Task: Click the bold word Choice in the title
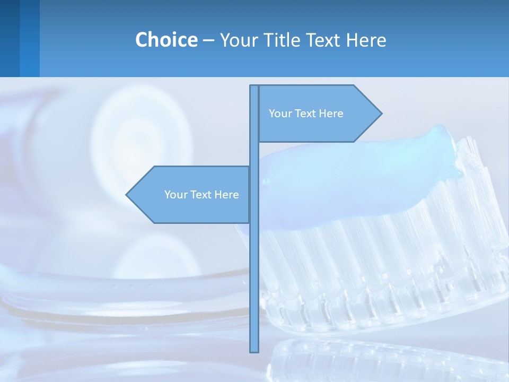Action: [166, 40]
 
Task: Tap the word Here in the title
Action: [366, 40]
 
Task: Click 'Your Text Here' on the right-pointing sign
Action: [306, 114]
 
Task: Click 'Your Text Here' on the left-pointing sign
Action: [201, 195]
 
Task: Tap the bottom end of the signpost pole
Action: [254, 350]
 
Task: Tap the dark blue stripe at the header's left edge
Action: [10, 38]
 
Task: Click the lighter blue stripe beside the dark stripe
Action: [30, 38]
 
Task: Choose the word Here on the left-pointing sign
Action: [227, 195]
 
